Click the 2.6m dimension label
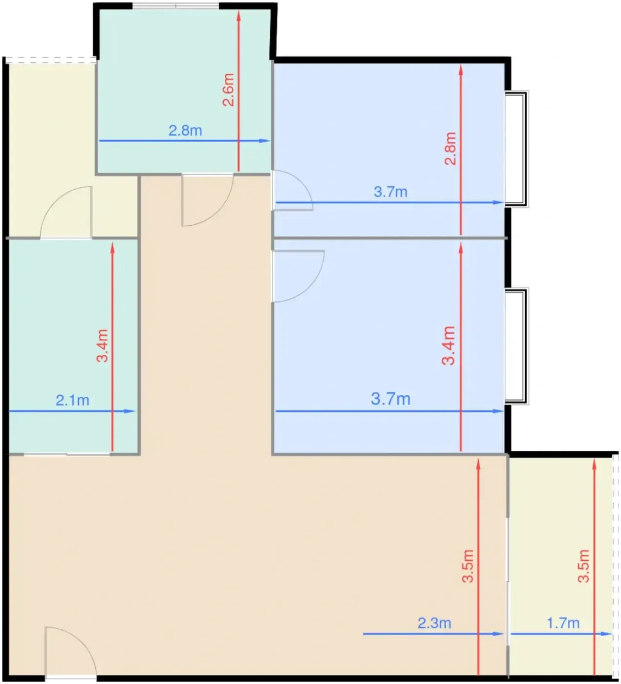coord(229,90)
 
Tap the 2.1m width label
coord(72,400)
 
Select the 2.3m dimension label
coord(434,623)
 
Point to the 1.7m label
coord(563,623)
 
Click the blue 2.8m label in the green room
coord(185,130)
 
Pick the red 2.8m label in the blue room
coord(450,149)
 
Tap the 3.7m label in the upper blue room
coord(390,192)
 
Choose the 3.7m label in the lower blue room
coord(390,399)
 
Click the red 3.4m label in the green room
coord(102,345)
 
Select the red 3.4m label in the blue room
coord(449,345)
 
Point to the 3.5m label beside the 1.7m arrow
coord(583,566)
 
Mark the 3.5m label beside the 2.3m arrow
coord(468,566)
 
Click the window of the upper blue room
coord(516,149)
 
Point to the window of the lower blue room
coord(516,346)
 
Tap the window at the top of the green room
coord(175,6)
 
